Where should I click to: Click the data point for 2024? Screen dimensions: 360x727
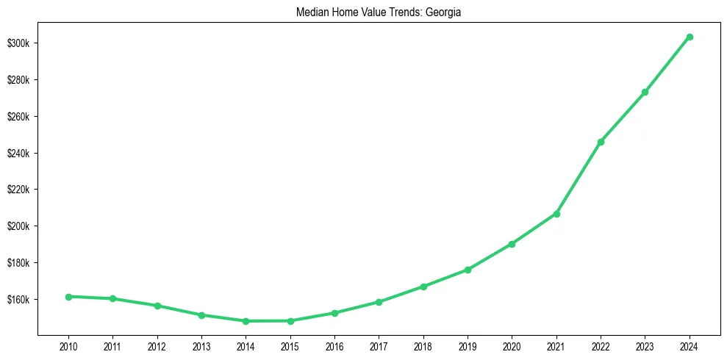690,37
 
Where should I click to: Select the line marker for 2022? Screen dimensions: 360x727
601,142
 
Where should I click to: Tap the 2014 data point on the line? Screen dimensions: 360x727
246,321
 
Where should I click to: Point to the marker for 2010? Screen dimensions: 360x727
68,297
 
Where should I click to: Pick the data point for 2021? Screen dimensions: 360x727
556,214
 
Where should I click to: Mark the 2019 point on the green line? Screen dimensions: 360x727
468,270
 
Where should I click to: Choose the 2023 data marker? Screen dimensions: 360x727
645,92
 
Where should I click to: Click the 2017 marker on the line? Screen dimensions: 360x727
379,302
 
